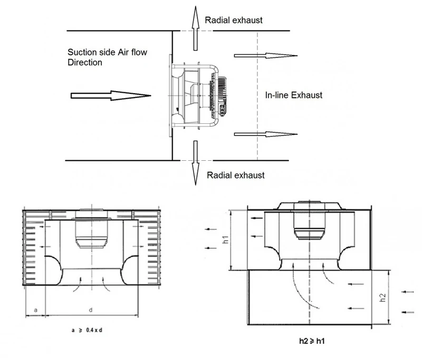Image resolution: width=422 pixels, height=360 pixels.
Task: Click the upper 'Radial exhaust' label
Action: tap(234, 20)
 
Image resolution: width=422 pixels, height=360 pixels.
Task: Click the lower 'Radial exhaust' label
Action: tap(235, 176)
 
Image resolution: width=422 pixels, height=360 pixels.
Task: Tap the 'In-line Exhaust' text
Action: tap(294, 95)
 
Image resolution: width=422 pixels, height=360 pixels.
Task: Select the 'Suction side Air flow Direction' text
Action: tap(108, 57)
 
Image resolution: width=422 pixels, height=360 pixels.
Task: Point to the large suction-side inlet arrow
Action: tap(111, 95)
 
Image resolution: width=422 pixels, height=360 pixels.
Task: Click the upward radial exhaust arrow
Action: tap(195, 28)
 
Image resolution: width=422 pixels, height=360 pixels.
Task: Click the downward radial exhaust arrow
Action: tap(195, 163)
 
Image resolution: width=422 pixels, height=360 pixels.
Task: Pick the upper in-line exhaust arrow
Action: tap(266, 56)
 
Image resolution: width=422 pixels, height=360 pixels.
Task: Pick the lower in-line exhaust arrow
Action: tap(266, 134)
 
